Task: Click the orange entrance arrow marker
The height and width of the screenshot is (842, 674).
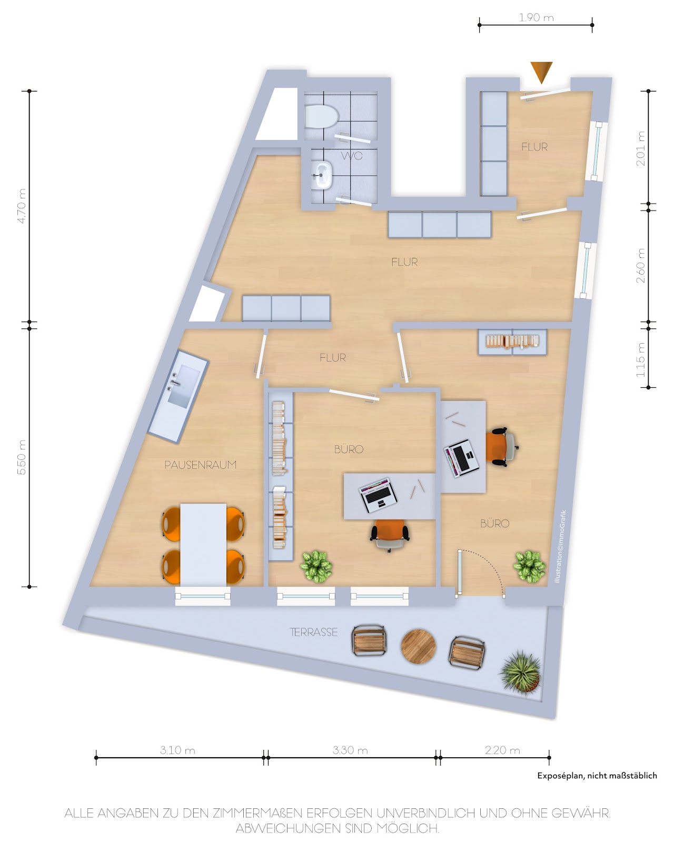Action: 541,72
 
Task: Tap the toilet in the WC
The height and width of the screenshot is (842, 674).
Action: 321,116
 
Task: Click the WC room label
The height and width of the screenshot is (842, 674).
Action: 351,156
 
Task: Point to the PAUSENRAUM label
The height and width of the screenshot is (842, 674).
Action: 200,465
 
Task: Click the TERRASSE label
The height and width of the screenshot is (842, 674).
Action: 313,632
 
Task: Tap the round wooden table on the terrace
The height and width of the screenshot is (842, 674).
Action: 418,646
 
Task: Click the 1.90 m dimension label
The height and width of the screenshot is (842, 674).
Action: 536,17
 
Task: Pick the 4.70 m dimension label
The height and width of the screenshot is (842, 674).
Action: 22,206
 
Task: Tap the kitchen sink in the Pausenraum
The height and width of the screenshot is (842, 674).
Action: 184,385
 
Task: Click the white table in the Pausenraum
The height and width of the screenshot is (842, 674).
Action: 203,544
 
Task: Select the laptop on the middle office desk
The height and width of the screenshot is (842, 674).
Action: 378,495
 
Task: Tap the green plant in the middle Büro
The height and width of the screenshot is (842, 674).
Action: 316,566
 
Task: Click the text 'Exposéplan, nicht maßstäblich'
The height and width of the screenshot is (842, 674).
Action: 597,776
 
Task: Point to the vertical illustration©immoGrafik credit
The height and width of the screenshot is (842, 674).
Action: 560,546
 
